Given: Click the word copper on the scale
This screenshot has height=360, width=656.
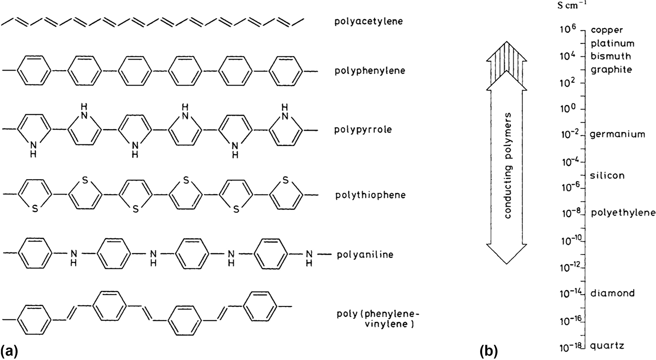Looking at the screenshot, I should (606, 30).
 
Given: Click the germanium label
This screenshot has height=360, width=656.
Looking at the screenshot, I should (618, 135).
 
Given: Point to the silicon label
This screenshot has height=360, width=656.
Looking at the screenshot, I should (607, 175).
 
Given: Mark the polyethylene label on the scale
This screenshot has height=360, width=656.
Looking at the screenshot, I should (623, 213).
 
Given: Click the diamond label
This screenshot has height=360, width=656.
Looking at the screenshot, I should (612, 293).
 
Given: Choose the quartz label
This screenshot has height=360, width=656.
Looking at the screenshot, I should (607, 346).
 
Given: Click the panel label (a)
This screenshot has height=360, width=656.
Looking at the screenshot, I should (9, 349).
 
